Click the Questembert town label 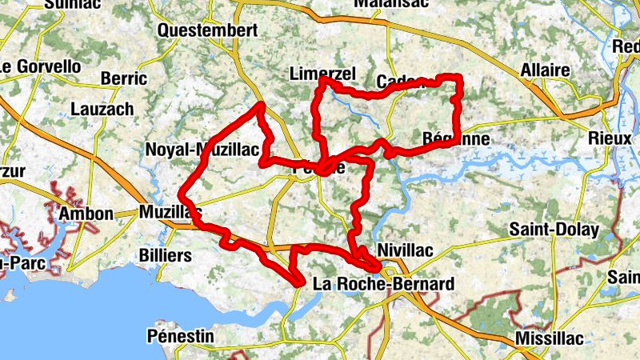(208, 30)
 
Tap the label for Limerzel (322, 74)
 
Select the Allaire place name (545, 70)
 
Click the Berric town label (124, 78)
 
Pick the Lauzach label (102, 109)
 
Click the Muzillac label (170, 212)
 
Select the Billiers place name (166, 256)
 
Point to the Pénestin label (181, 336)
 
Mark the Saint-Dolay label (554, 230)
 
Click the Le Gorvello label (41, 66)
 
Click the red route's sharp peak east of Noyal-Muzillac (260, 105)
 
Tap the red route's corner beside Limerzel (322, 81)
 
